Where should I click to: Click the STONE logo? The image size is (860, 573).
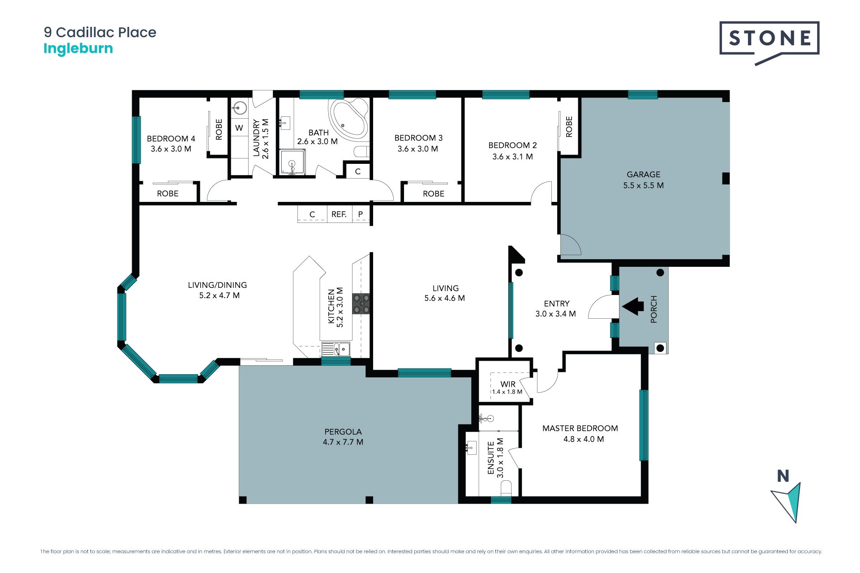coord(769,43)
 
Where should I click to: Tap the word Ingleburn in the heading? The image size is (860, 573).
coord(78,48)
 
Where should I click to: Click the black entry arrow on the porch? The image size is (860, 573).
coord(633,307)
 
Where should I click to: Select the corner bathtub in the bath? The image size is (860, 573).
coord(348,117)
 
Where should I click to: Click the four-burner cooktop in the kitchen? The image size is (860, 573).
coord(361,304)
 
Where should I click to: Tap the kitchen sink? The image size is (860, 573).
coord(336,349)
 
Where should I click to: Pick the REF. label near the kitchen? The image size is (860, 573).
coord(339,214)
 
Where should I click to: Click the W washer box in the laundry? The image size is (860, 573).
coord(239,128)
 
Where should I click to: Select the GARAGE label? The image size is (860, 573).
coord(643,175)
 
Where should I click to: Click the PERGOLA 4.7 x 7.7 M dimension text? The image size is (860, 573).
coord(343,442)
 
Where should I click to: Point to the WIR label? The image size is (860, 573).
coord(508,384)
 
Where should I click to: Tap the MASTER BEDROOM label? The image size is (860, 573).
coord(580,428)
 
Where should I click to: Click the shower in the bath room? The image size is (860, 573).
coord(292,162)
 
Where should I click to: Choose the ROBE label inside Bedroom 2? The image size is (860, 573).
coord(569,126)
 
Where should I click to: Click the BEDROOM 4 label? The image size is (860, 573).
coord(171,139)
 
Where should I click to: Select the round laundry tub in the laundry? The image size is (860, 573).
coord(240,108)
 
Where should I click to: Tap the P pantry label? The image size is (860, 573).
coord(361,214)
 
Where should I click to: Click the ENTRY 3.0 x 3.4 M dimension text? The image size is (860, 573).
coord(555,314)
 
